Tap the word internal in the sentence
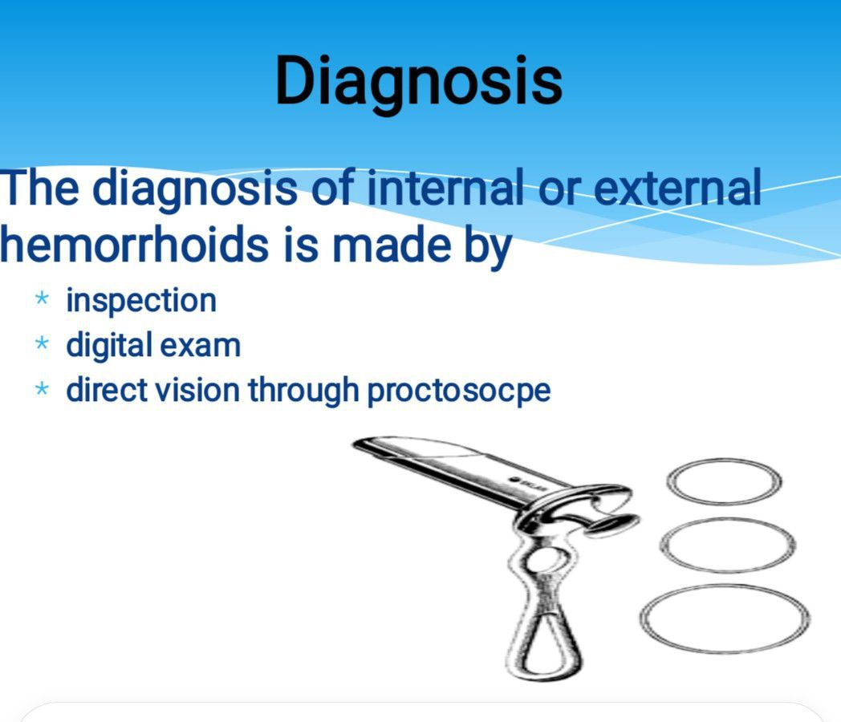(445, 187)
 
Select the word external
(677, 187)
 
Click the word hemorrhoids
(133, 245)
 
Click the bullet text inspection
(141, 301)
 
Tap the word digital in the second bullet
(109, 346)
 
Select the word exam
(200, 347)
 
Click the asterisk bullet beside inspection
(42, 298)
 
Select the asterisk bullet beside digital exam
(42, 343)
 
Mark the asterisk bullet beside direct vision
(42, 388)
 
